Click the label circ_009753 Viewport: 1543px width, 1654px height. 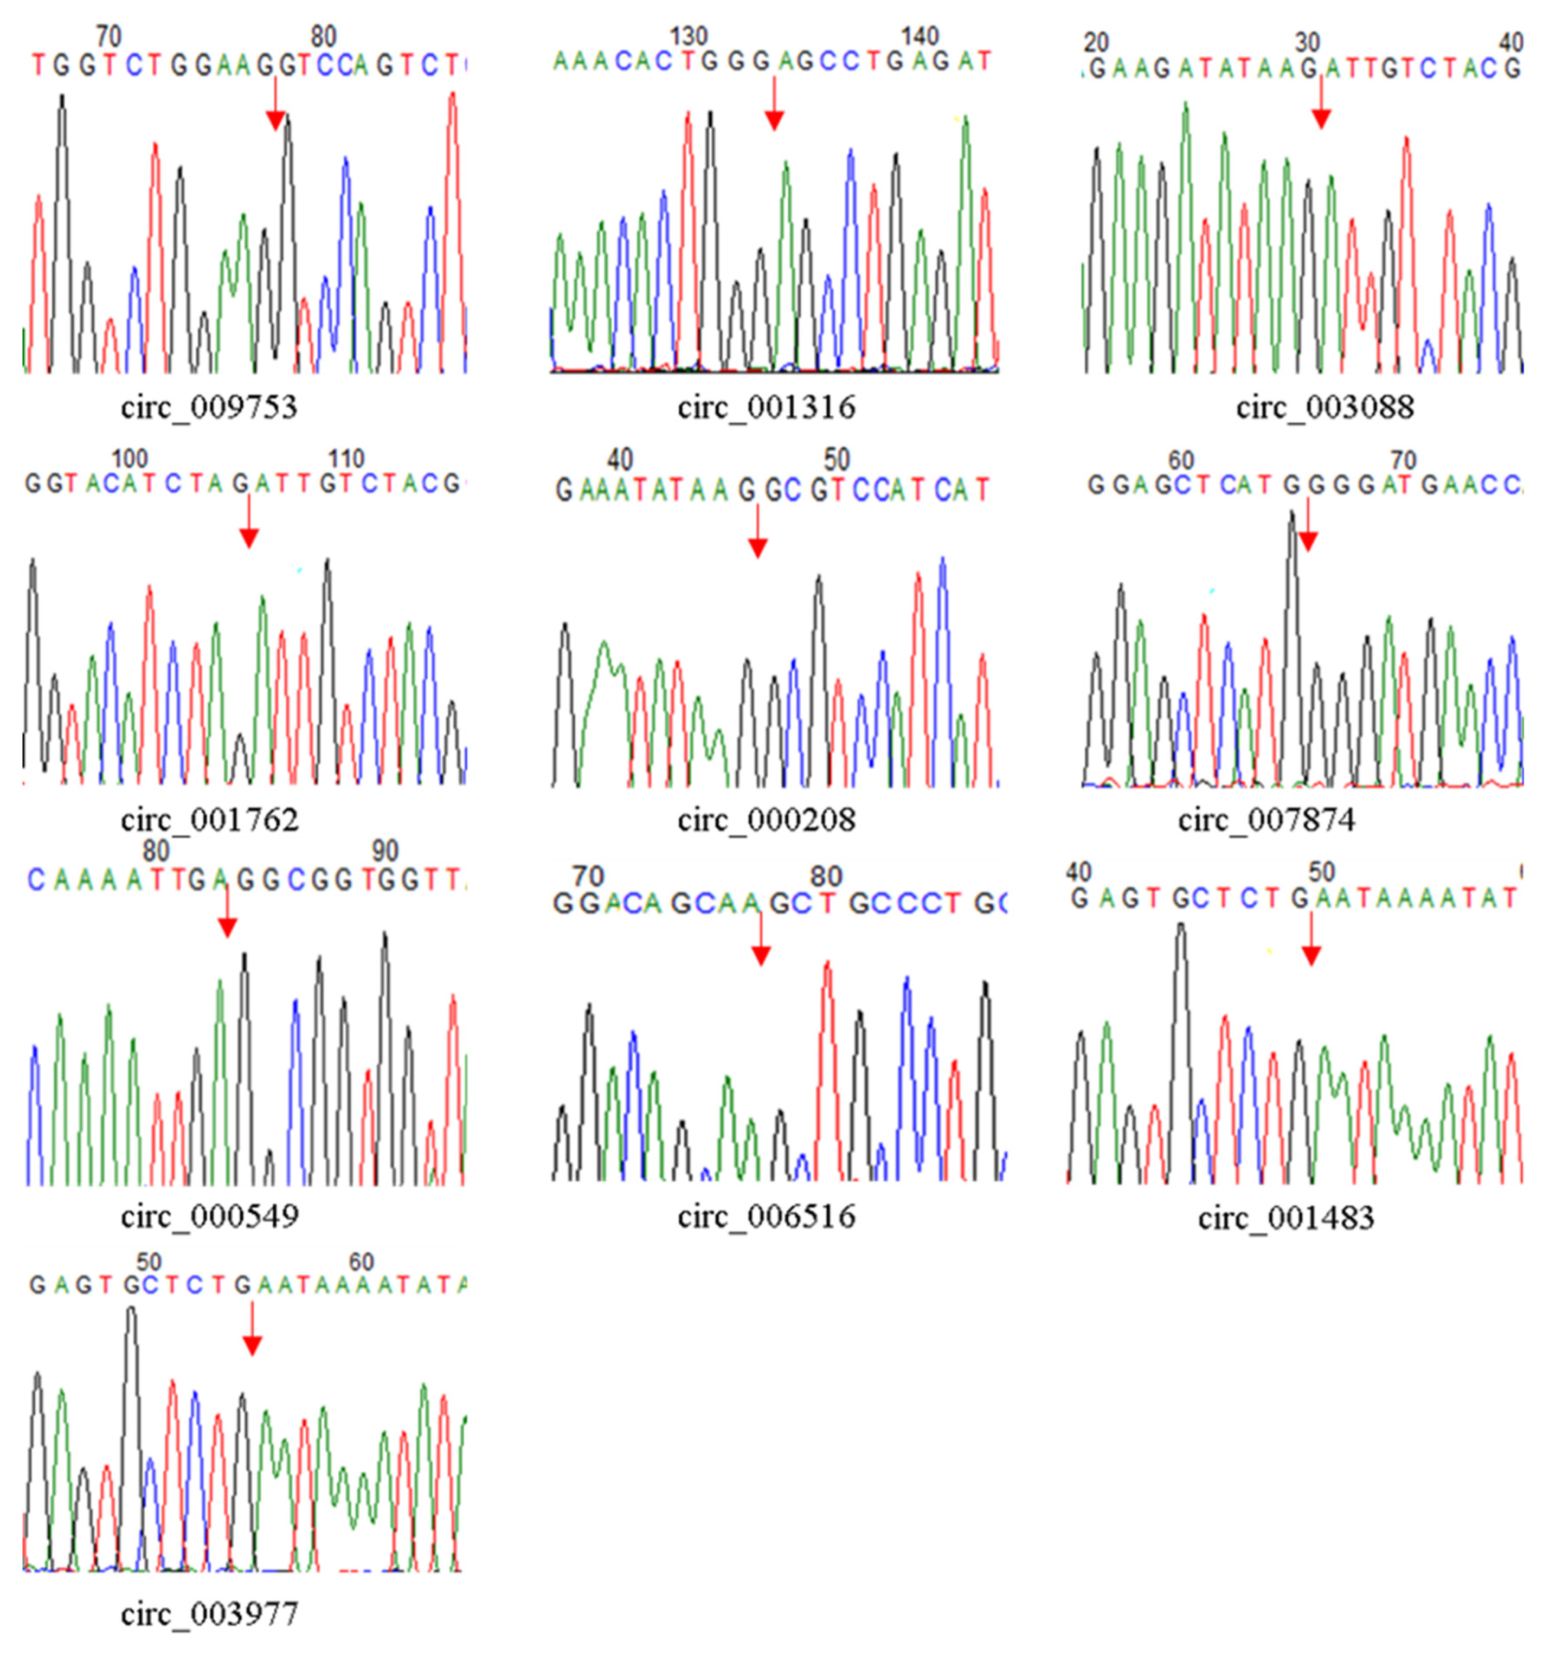click(x=209, y=408)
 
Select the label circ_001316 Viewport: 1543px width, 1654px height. click(x=766, y=408)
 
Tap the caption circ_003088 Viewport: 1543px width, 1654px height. click(x=1324, y=408)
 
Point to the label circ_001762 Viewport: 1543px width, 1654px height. click(x=209, y=820)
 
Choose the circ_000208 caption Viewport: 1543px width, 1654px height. click(x=766, y=820)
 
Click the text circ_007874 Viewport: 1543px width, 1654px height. click(x=1266, y=820)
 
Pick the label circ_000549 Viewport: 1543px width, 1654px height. click(x=209, y=1217)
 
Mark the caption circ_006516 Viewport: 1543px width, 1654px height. click(x=766, y=1217)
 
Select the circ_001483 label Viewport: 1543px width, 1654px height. click(x=1286, y=1218)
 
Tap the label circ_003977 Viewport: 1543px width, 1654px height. click(x=209, y=1614)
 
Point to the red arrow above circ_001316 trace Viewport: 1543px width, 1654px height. click(x=774, y=106)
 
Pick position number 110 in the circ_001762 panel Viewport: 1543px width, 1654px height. click(x=346, y=459)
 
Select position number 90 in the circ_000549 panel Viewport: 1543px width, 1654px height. click(x=384, y=851)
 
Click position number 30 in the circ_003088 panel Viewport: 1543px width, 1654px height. click(x=1308, y=42)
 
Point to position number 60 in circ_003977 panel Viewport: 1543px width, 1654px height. click(x=361, y=1262)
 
